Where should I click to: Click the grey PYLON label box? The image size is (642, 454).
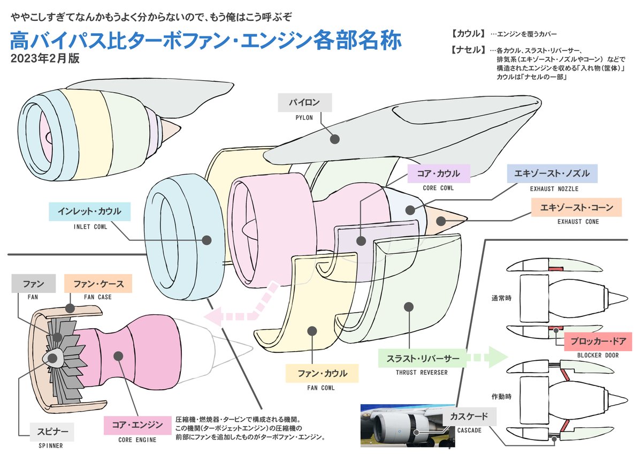pos(304,102)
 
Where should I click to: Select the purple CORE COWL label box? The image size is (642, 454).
pos(438,173)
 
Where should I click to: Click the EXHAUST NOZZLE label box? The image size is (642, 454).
pos(552,174)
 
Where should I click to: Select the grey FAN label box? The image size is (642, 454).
pos(34,284)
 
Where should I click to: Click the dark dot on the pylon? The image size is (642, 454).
pos(335,139)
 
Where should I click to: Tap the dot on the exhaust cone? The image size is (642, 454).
pos(440,220)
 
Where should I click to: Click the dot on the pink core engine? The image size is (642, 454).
pos(119,355)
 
